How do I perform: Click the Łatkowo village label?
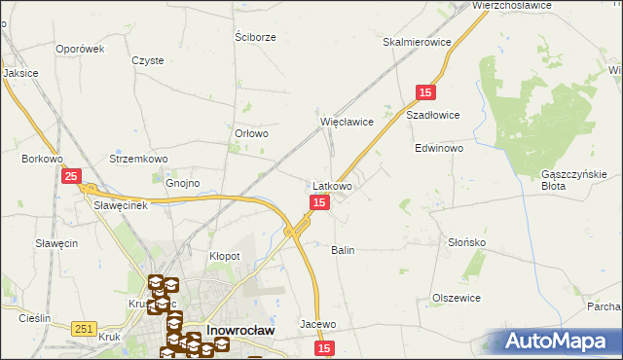[333, 185]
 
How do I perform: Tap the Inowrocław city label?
[240, 330]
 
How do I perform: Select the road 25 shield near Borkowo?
[71, 176]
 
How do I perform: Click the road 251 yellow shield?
[84, 330]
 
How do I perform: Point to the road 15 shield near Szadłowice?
[424, 91]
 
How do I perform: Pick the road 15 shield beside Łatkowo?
[319, 201]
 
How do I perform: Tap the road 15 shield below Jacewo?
[324, 347]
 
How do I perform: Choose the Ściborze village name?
[256, 37]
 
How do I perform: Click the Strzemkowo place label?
[139, 159]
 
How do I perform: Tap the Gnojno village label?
[182, 182]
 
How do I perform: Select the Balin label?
[343, 250]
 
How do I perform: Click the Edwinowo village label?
[439, 149]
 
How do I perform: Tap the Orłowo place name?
[251, 134]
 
